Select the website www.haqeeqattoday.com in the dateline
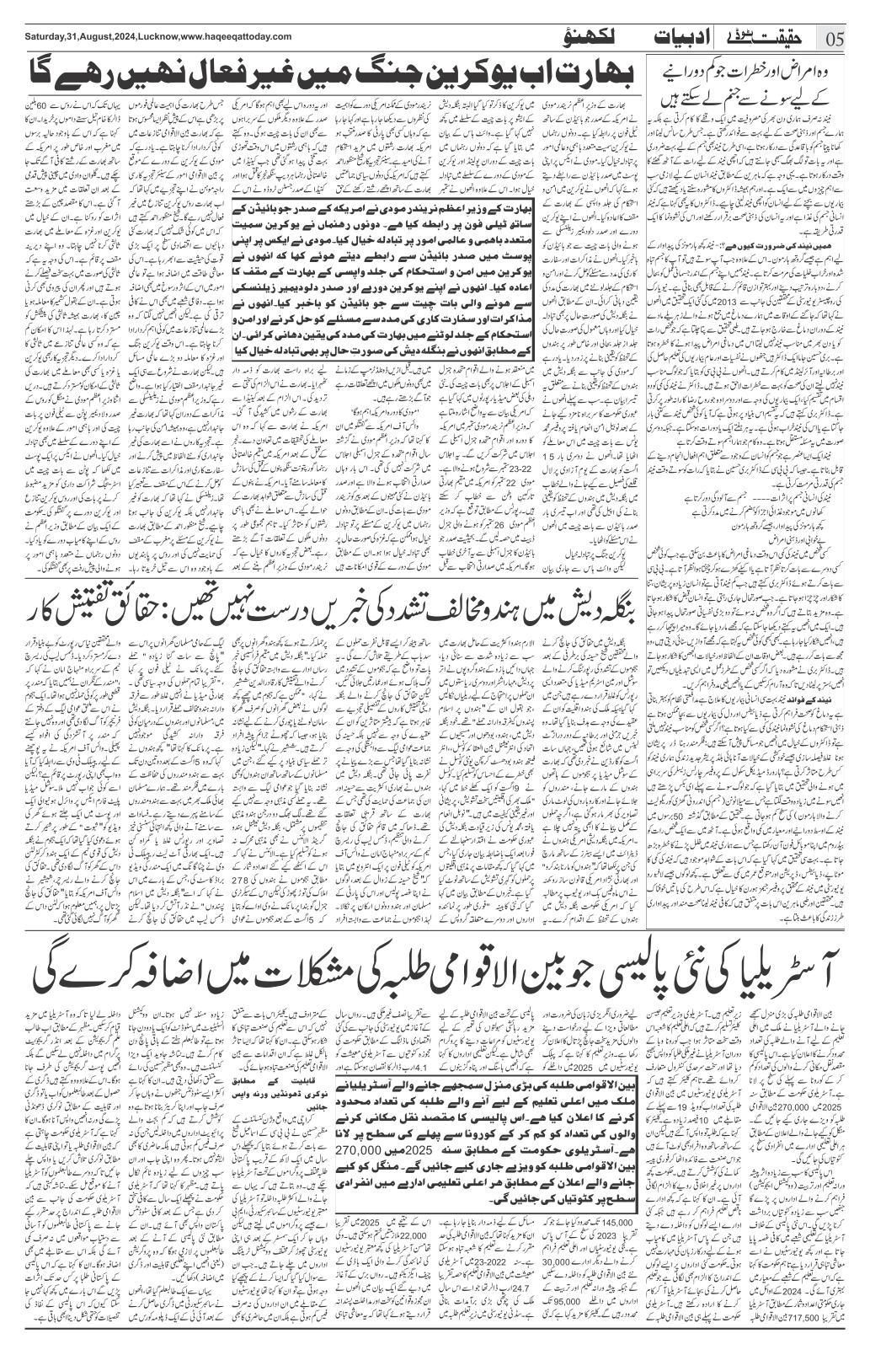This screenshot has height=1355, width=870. click(x=232, y=36)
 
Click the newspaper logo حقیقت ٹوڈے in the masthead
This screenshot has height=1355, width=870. click(x=777, y=38)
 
